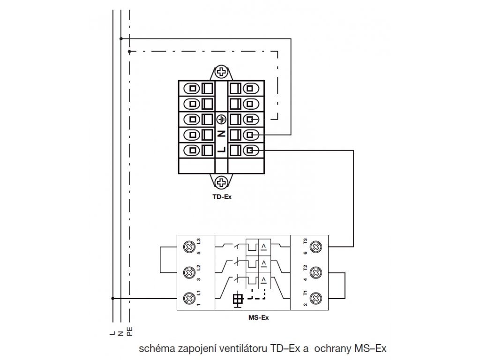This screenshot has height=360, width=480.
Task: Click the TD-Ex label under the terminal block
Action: click(222, 197)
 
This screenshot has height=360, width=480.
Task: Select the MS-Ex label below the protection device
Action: click(259, 317)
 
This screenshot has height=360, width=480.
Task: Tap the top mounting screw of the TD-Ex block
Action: click(221, 73)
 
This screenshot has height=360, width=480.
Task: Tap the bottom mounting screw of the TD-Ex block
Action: click(221, 182)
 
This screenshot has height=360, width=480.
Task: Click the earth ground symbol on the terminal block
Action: click(221, 120)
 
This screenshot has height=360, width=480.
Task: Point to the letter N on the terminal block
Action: click(221, 134)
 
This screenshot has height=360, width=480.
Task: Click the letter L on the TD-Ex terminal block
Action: click(221, 150)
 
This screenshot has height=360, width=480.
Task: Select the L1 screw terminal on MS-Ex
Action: click(189, 298)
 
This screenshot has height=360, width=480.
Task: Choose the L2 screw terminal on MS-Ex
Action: click(189, 272)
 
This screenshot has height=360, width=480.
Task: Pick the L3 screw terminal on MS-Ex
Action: click(189, 247)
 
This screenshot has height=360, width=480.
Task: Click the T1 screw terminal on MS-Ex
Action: click(316, 298)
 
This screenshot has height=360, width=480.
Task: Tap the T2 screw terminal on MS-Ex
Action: click(316, 272)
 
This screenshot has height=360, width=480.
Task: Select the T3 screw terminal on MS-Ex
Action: click(316, 247)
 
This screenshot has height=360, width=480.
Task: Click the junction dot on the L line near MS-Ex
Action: click(113, 298)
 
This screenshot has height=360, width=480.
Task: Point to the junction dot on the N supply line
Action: click(121, 38)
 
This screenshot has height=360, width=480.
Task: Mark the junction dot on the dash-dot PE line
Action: click(129, 52)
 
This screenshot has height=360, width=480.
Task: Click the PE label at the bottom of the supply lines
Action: click(130, 332)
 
